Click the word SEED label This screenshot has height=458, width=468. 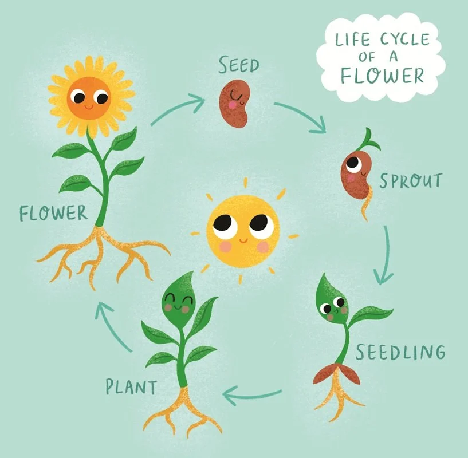click(238, 66)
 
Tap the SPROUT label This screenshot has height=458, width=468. click(410, 181)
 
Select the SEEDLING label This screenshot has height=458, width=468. click(400, 351)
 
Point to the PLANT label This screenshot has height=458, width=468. click(131, 387)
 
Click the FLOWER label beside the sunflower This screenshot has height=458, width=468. click(54, 213)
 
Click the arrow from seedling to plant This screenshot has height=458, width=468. click(251, 394)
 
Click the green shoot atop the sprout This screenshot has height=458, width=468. click(370, 139)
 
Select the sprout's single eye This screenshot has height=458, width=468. click(354, 164)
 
